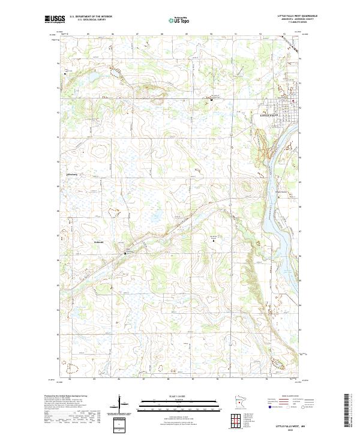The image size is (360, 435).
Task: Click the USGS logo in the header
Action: [x=55, y=19]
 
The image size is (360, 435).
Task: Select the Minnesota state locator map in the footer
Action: [x=223, y=403]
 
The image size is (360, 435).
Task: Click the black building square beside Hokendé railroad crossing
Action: [x=125, y=253]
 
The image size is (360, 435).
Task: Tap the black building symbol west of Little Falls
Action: [x=211, y=100]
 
